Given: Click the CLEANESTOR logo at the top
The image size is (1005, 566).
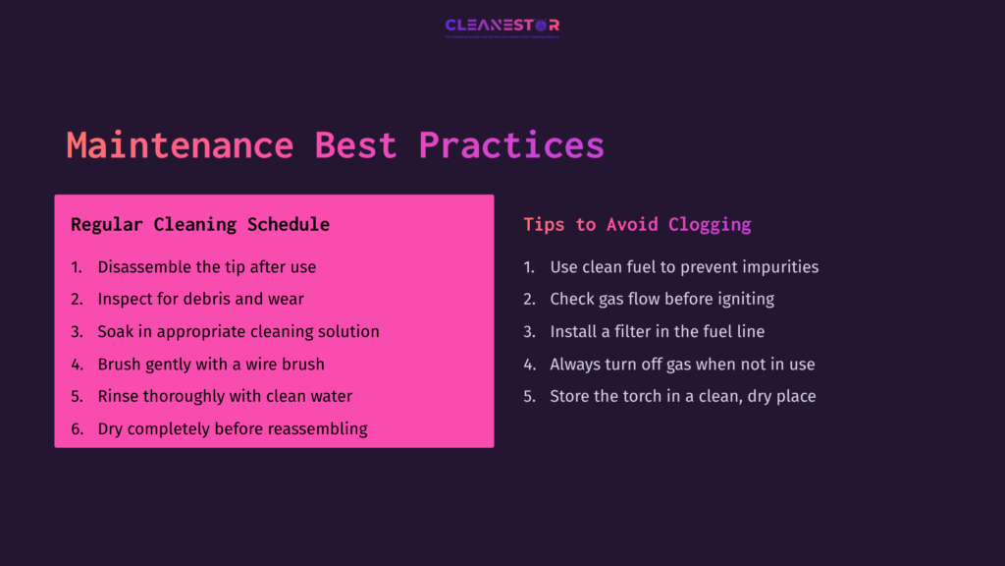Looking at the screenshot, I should pyautogui.click(x=502, y=26).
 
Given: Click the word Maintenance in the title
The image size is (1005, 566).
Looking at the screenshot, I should pyautogui.click(x=180, y=145).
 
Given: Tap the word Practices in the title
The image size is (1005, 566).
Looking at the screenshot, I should pyautogui.click(x=511, y=145).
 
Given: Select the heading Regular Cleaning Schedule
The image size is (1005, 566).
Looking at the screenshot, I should pyautogui.click(x=200, y=224).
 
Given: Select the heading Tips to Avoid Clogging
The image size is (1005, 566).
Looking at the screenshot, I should pyautogui.click(x=637, y=224).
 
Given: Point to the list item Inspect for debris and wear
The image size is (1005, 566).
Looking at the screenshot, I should pyautogui.click(x=200, y=299).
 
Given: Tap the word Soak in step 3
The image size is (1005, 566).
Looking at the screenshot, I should pyautogui.click(x=116, y=331).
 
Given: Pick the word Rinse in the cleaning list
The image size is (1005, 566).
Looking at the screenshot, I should pyautogui.click(x=119, y=396).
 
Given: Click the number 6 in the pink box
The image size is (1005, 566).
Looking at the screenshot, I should pyautogui.click(x=76, y=428).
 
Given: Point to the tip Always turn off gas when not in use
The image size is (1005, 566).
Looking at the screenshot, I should pyautogui.click(x=682, y=364).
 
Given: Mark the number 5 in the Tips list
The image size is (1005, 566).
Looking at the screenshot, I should pyautogui.click(x=528, y=396).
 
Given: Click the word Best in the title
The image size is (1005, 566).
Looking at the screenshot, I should pyautogui.click(x=355, y=145).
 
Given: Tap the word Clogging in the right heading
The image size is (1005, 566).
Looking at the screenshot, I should pyautogui.click(x=710, y=224).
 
